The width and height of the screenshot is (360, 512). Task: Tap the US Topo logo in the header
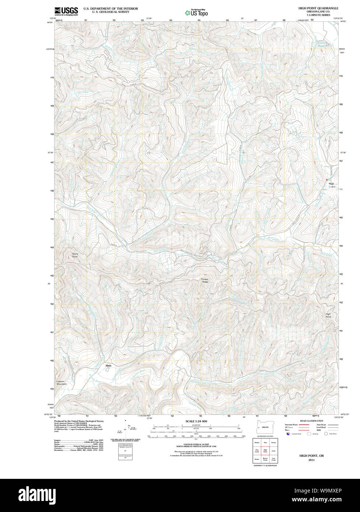[x=197, y=13]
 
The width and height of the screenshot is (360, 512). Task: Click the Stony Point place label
[x=75, y=255]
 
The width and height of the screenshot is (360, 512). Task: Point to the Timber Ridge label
[x=205, y=280]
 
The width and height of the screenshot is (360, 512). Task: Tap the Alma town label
[x=108, y=365]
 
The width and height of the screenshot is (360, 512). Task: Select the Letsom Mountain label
[x=62, y=383]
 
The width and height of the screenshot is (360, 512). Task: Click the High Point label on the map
[x=328, y=315]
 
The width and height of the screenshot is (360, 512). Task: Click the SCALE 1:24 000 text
[x=196, y=421]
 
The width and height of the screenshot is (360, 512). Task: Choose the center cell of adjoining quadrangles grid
[x=265, y=450]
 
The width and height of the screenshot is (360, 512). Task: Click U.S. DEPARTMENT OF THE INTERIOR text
[x=111, y=8]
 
